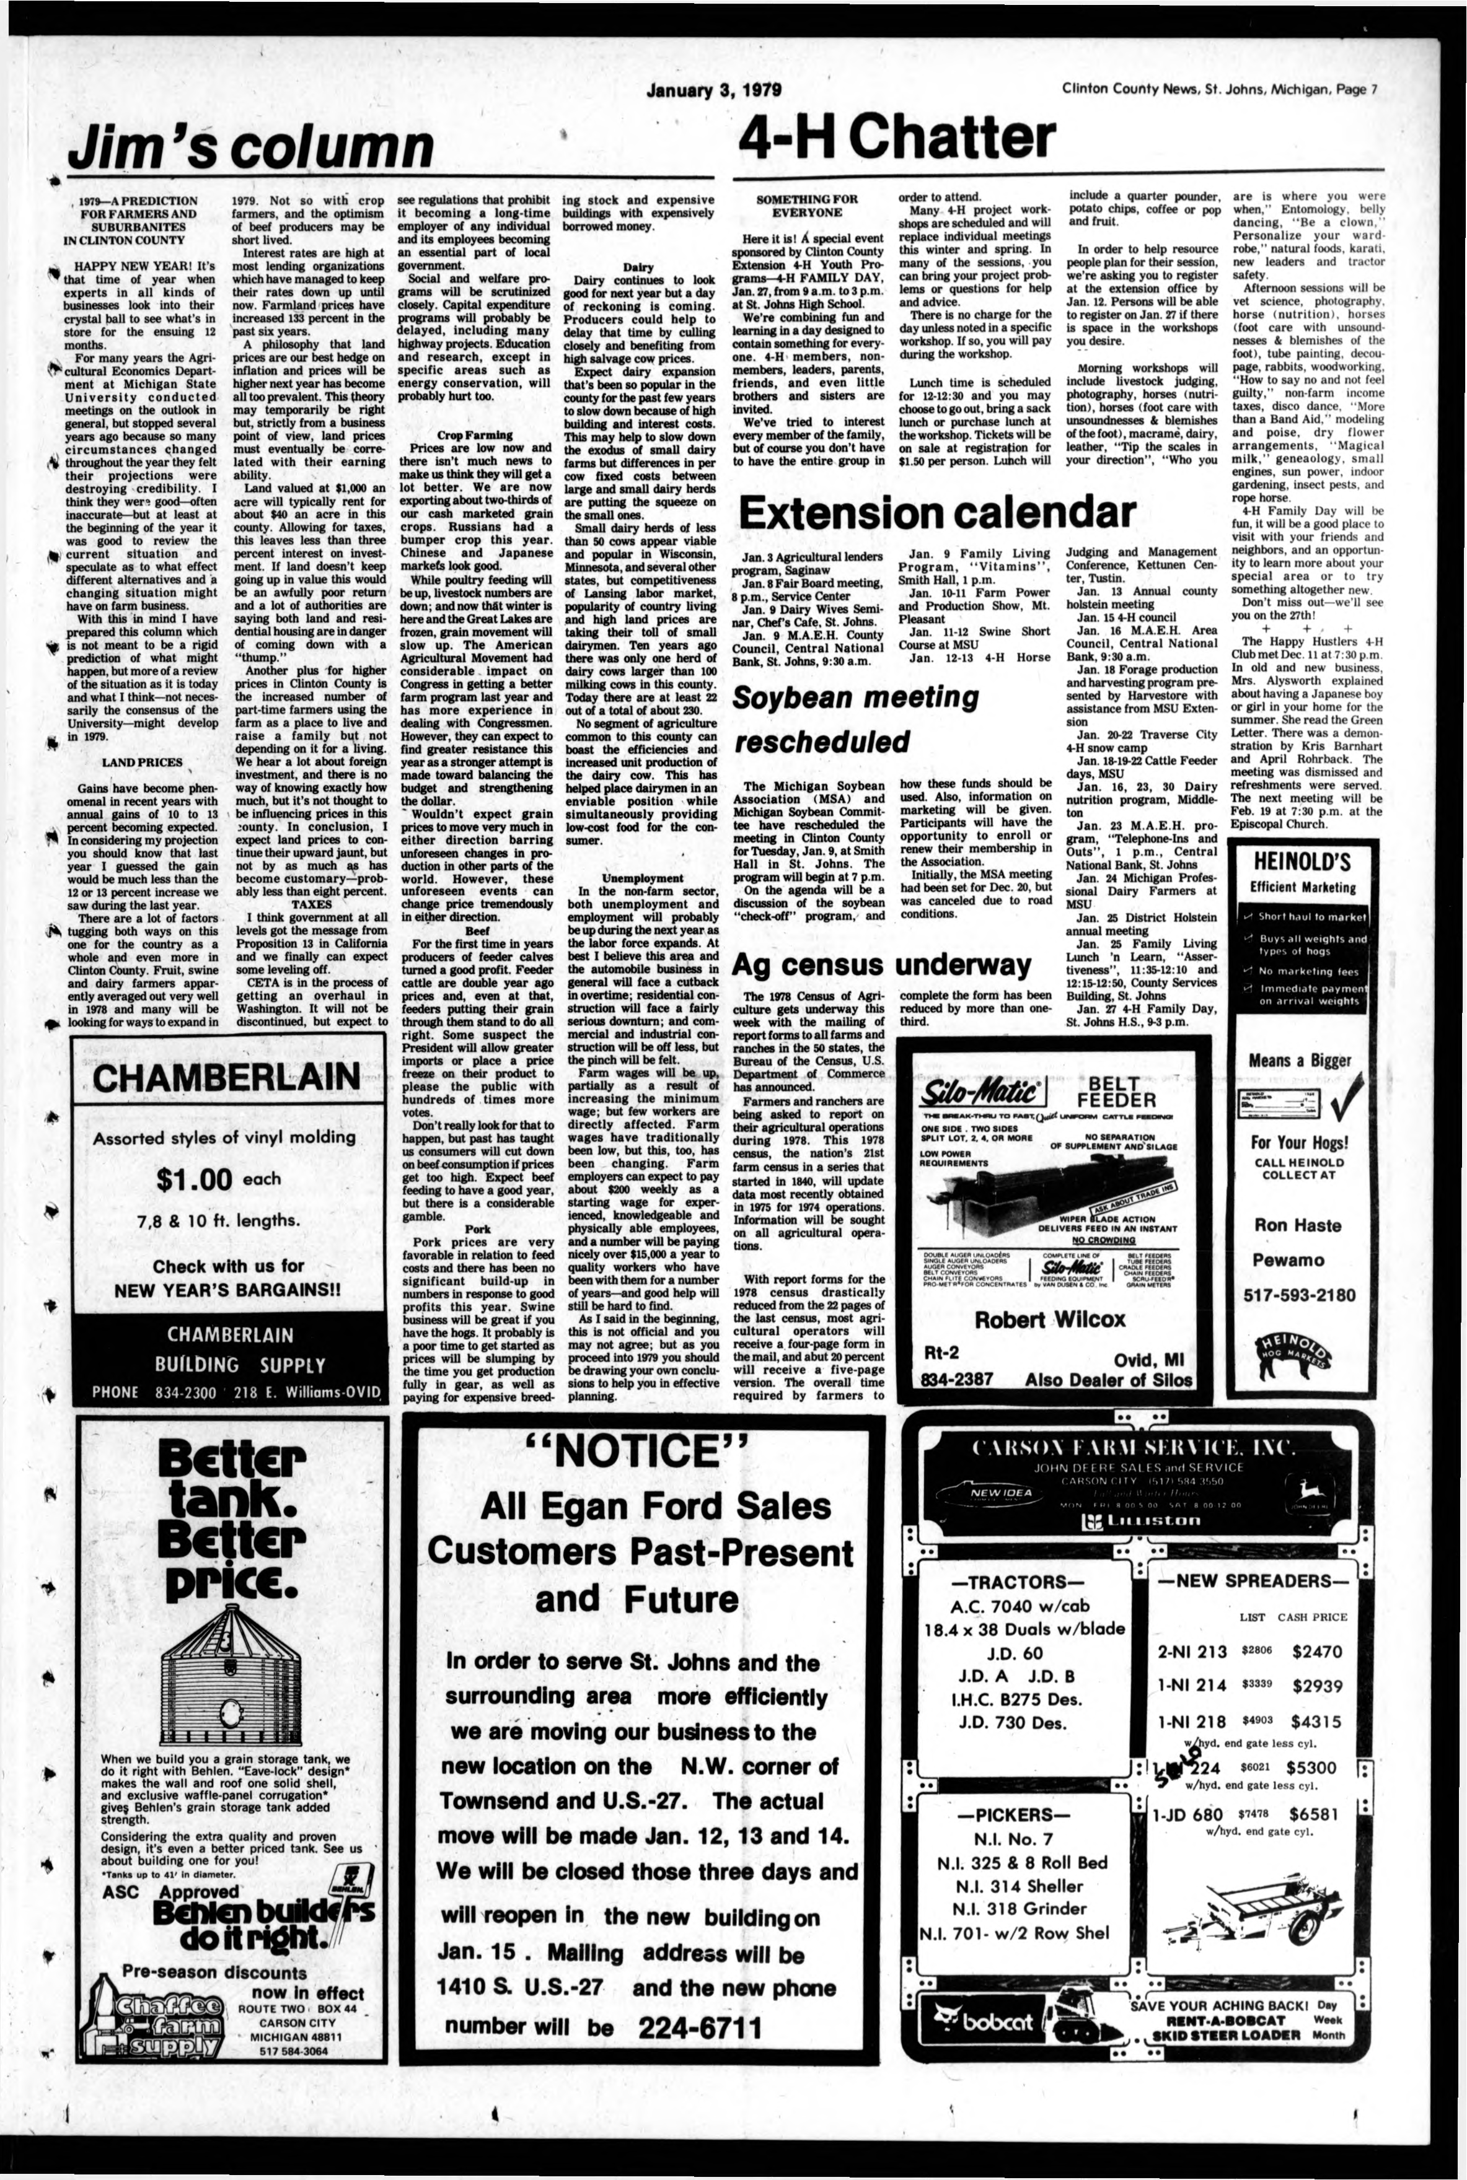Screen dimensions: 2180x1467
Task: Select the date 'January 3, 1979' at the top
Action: point(714,90)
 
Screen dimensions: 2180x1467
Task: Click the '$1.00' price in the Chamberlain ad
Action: point(195,1180)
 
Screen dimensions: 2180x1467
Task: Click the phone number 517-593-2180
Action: point(1300,1295)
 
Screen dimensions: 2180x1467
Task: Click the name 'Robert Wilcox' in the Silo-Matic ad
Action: point(1050,1319)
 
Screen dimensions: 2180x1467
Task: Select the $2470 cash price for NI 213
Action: point(1316,1652)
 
